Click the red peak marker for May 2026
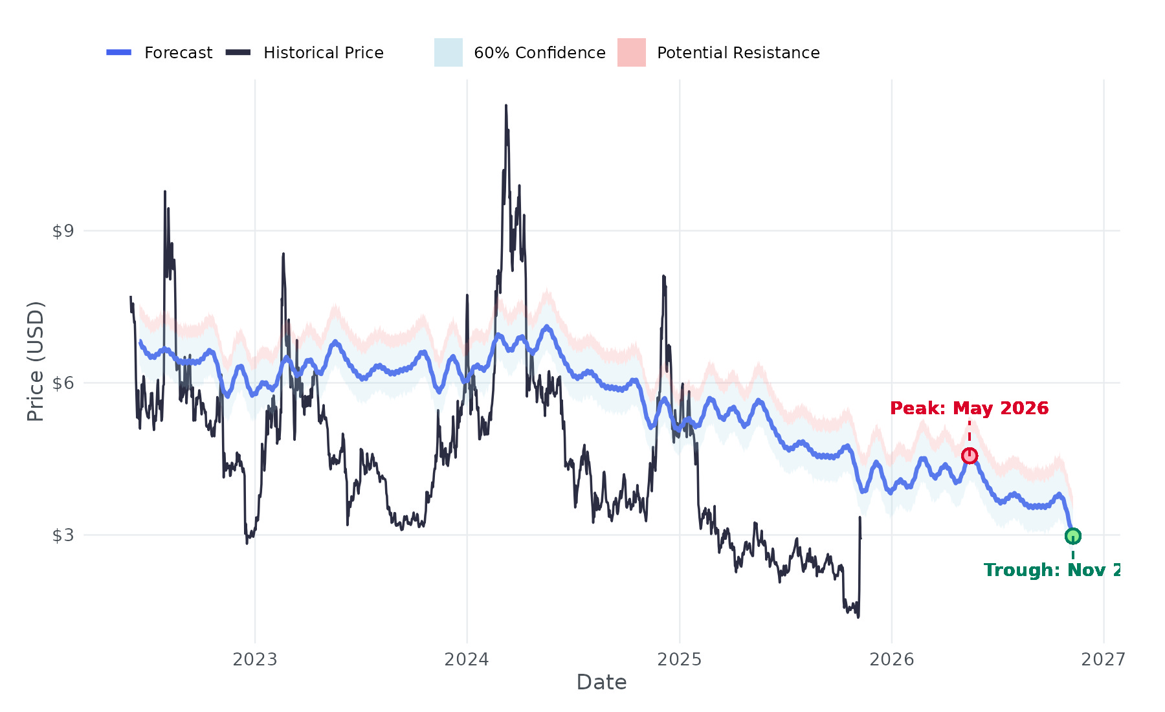969,456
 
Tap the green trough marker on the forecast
1072,536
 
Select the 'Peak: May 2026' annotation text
969,408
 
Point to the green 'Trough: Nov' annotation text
1052,570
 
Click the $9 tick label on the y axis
63,231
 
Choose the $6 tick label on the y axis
63,383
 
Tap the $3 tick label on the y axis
63,535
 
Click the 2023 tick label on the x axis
254,660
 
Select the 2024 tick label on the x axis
467,660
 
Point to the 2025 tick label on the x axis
679,660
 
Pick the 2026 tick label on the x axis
891,660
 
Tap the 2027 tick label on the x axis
1103,660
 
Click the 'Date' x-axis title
601,682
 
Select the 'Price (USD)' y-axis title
36,361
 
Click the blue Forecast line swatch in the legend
119,52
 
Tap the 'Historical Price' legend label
323,52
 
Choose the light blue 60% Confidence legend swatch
448,52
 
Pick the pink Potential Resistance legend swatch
631,52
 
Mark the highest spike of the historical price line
506,106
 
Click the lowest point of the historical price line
858,617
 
